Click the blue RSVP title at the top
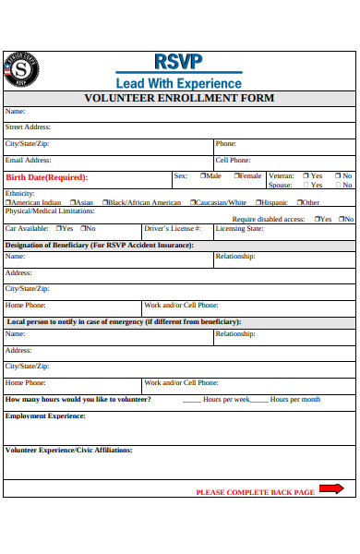(178, 61)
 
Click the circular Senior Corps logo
(21, 69)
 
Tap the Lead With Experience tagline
(178, 82)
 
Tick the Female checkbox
(236, 175)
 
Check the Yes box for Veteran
(305, 175)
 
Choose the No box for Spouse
(337, 185)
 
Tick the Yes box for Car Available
(58, 228)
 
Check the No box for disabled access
(340, 219)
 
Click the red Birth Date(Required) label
(46, 177)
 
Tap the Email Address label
(28, 160)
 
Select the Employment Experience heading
(45, 415)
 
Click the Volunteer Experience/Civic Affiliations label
(69, 450)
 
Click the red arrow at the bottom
(331, 488)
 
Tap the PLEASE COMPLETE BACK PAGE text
(255, 492)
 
